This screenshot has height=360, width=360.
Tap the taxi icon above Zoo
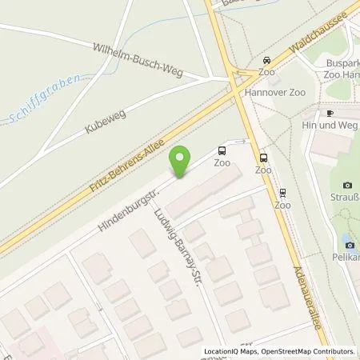point(266,60)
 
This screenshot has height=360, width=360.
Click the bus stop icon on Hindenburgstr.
point(222,149)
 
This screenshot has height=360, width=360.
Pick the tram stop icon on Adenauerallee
point(282,192)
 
